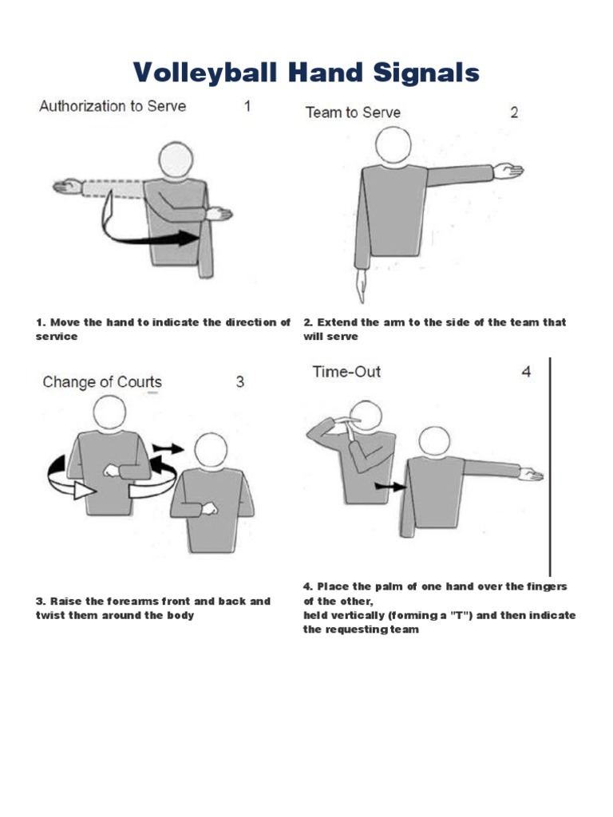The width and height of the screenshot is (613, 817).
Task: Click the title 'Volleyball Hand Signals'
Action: [x=306, y=73]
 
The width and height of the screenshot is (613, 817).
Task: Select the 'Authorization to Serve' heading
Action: [x=112, y=106]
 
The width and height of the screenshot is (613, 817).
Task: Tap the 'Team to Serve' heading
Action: [x=353, y=112]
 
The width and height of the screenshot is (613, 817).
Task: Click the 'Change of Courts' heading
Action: [x=102, y=382]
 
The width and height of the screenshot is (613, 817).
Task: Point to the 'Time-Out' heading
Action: [x=346, y=372]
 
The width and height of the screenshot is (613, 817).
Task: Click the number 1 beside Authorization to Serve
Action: [x=247, y=106]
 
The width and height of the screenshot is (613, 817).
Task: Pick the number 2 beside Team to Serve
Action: [x=514, y=112]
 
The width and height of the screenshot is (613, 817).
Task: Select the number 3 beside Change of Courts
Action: [x=239, y=382]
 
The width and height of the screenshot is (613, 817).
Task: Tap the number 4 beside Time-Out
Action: [x=526, y=372]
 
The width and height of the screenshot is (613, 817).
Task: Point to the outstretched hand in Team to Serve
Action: [x=508, y=170]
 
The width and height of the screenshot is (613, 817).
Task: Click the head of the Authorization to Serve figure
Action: [x=176, y=160]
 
